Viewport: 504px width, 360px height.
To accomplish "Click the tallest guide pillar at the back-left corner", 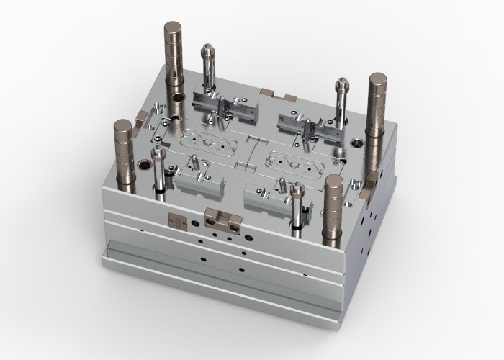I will pos(174,58).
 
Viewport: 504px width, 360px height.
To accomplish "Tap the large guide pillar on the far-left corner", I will pos(123,151).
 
